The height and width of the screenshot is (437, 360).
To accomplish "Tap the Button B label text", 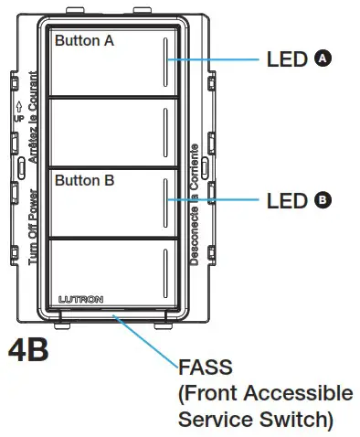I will click(84, 181).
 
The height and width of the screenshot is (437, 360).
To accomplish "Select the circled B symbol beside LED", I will click(322, 198).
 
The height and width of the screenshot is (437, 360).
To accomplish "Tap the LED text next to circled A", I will click(286, 59).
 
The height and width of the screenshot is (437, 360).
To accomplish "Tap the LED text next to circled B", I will click(286, 199).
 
